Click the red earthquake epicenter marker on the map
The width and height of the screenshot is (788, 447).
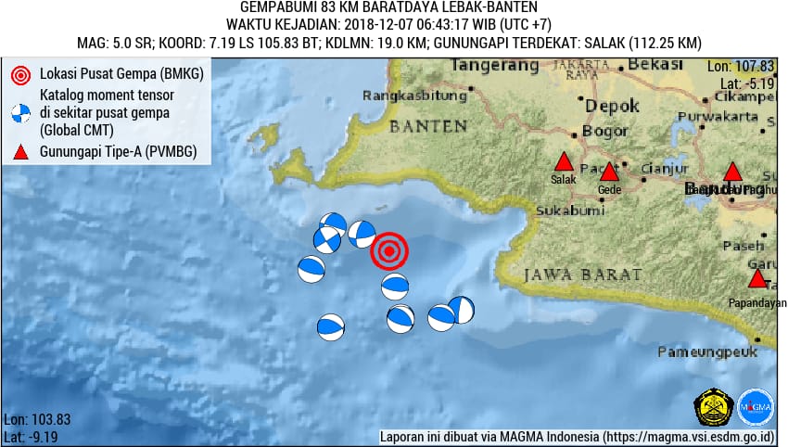pyautogui.click(x=389, y=250)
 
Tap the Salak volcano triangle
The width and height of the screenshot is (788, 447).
pyautogui.click(x=563, y=162)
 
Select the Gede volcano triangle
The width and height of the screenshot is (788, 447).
pyautogui.click(x=609, y=172)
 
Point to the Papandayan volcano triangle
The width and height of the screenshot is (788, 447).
pyautogui.click(x=757, y=279)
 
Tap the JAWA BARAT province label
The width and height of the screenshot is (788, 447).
pyautogui.click(x=582, y=275)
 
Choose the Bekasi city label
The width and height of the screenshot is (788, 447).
pyautogui.click(x=655, y=64)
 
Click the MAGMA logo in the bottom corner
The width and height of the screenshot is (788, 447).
pyautogui.click(x=756, y=407)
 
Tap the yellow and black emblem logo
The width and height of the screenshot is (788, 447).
pyautogui.click(x=713, y=407)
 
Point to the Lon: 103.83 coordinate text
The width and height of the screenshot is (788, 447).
pyautogui.click(x=37, y=419)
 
